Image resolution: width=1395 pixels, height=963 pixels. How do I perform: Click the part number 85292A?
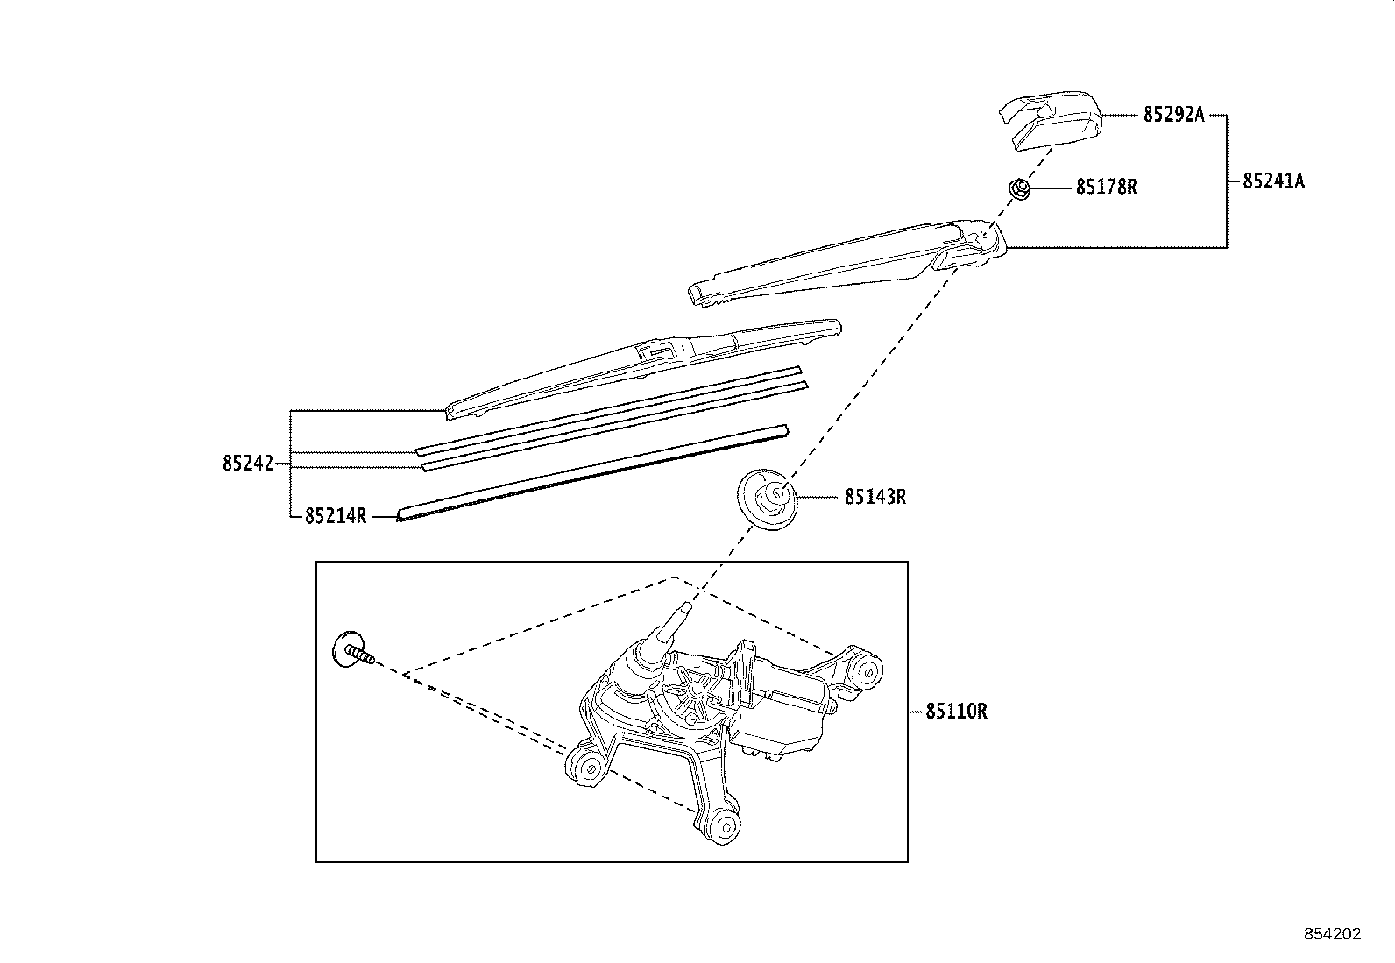pos(1173,115)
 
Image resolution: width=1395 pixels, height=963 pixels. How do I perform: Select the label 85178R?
pos(1106,187)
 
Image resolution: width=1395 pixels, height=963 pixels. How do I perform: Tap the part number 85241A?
pos(1272,181)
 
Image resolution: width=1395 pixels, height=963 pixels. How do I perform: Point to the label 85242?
pos(248,464)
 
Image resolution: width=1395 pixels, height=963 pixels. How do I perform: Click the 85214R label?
pos(336,516)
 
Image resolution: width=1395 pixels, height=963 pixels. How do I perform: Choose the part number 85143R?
pos(875,497)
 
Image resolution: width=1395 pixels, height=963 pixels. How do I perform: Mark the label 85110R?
pos(956,712)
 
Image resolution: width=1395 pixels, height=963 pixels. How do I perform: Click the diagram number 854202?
pos(1332,934)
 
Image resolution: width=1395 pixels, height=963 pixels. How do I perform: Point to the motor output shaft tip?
pos(686,606)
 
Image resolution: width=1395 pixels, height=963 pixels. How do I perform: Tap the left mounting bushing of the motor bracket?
pos(587,768)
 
